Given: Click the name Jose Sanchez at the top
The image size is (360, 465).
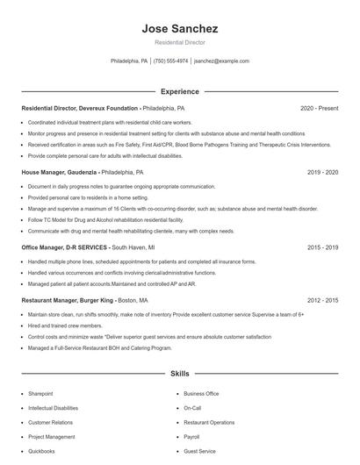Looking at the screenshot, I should (x=179, y=29).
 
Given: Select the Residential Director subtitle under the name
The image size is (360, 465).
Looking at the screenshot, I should (x=179, y=43).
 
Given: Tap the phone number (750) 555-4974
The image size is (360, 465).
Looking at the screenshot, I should (x=170, y=61).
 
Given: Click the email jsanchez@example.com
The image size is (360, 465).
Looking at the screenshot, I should (x=221, y=61).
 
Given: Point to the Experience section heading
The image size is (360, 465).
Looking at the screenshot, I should (x=179, y=91).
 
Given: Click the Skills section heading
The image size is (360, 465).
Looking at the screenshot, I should (x=179, y=374).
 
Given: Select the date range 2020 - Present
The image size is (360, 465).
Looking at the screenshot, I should (x=319, y=108).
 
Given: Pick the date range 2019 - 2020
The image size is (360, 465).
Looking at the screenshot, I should (x=323, y=173).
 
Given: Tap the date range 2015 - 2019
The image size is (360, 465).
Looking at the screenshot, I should (x=323, y=248).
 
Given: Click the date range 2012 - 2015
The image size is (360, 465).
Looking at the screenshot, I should (x=323, y=300).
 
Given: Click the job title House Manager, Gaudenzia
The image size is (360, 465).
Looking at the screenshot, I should (x=60, y=173).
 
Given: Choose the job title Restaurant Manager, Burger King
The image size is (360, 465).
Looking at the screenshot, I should (x=67, y=300).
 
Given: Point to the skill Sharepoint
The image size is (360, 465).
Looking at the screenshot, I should (x=40, y=394).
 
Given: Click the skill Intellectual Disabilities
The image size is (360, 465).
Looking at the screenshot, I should (x=53, y=408).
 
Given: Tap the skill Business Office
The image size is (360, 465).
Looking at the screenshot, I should (x=201, y=394).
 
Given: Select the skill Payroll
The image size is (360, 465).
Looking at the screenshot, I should (x=192, y=436).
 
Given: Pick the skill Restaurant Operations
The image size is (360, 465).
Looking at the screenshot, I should (x=209, y=422).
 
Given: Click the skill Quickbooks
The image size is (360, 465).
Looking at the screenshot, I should (x=41, y=451).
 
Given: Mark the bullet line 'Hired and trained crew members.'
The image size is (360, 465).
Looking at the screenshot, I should (x=65, y=325).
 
